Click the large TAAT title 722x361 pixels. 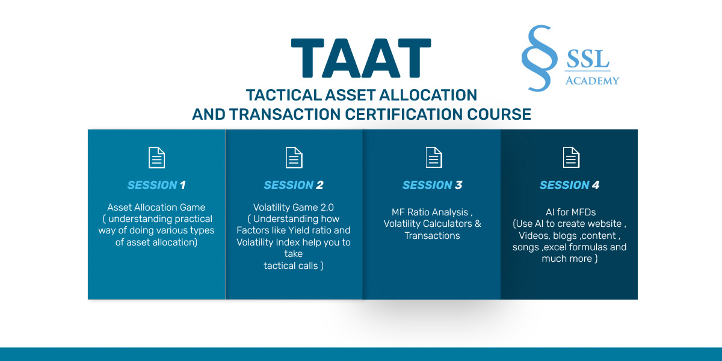[x=361, y=58]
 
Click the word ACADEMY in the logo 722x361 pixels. [x=592, y=81]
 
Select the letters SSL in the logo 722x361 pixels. [x=588, y=59]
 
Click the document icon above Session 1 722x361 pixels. [x=156, y=158]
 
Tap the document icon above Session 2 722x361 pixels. [x=294, y=158]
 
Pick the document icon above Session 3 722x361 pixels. [x=434, y=158]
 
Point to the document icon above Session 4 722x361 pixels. [x=571, y=158]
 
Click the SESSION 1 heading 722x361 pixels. [x=156, y=185]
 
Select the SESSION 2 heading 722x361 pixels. [x=294, y=185]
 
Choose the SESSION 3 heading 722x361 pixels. [x=432, y=185]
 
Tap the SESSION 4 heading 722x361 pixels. [x=570, y=185]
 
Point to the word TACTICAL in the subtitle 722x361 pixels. [x=283, y=95]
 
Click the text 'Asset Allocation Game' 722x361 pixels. [x=156, y=207]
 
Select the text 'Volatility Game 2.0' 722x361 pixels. [x=294, y=207]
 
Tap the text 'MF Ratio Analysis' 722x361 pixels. [x=430, y=212]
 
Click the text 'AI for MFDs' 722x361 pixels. [x=570, y=212]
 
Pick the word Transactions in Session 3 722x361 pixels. [x=432, y=236]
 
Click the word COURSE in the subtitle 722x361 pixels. [x=499, y=114]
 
